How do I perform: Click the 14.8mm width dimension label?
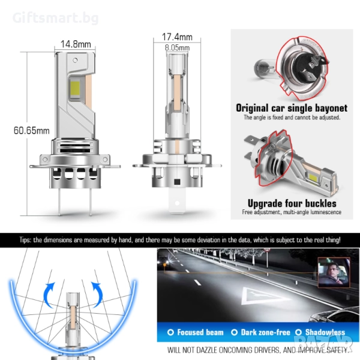click(x=76, y=44)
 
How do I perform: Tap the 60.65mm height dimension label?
click(x=31, y=130)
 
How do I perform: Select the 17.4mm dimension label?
click(x=177, y=37)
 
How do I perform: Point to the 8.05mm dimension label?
click(x=177, y=48)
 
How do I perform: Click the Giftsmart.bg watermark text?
click(x=56, y=18)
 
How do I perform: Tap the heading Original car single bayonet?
click(x=292, y=108)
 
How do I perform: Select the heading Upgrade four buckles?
click(x=292, y=203)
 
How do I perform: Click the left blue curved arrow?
click(x=49, y=295)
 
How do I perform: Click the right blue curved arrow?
click(x=97, y=295)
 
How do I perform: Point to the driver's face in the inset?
click(x=332, y=269)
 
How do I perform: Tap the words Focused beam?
click(x=200, y=332)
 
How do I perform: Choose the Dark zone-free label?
click(x=265, y=332)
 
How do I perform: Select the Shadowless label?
click(x=325, y=332)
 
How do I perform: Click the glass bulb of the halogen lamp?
click(x=265, y=68)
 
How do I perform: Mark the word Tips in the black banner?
click(x=25, y=240)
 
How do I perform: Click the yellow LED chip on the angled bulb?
click(x=313, y=176)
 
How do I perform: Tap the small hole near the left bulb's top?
click(x=75, y=61)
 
